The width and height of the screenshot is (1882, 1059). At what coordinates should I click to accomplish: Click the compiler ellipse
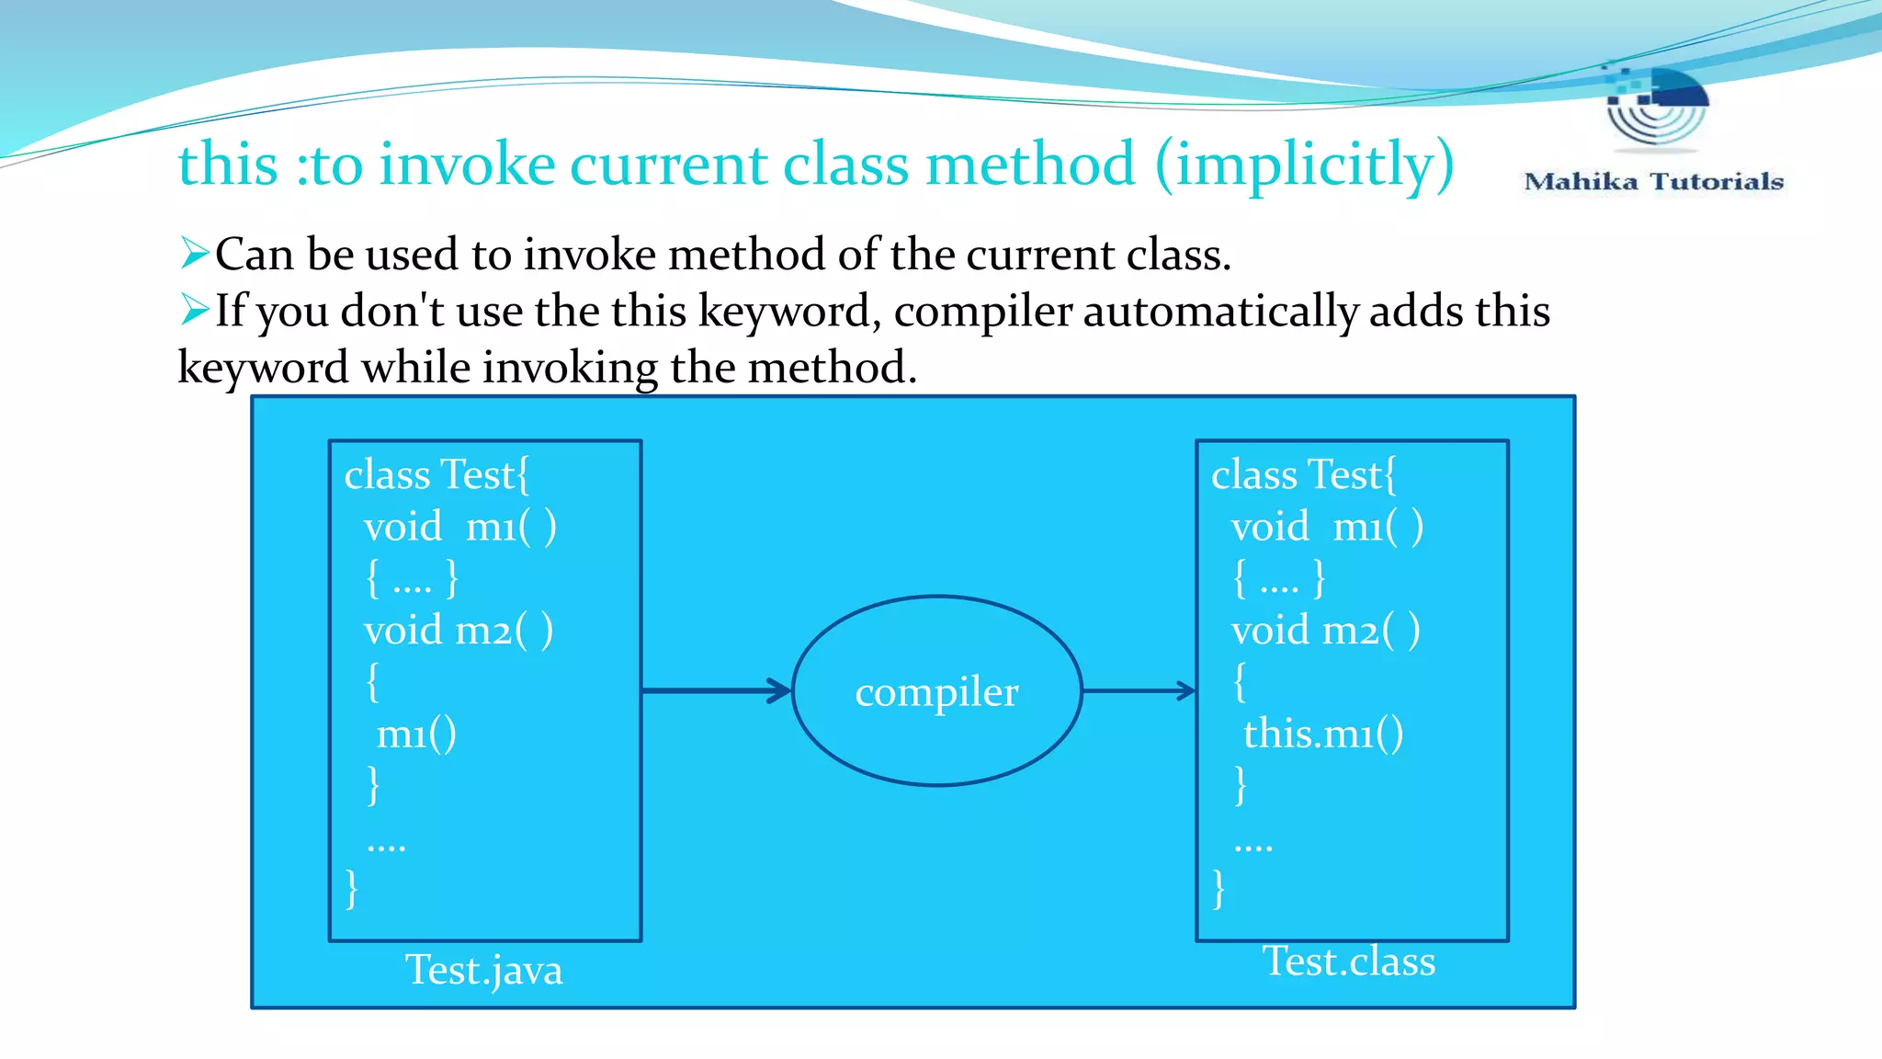[x=936, y=691]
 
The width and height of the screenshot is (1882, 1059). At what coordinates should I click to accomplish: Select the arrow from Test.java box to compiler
[x=716, y=690]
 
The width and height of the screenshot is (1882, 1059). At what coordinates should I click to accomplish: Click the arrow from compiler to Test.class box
[x=1138, y=690]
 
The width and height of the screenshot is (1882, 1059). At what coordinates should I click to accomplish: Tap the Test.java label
[x=483, y=971]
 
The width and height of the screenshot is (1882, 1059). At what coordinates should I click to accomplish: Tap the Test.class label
[x=1348, y=962]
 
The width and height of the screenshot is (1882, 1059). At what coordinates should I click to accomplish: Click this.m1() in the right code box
[x=1322, y=734]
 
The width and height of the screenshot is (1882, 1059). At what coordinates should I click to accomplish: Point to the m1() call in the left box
[x=416, y=734]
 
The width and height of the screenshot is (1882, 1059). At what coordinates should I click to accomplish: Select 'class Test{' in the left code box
[x=436, y=475]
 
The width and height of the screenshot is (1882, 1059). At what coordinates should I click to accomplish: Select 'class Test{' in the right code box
[x=1303, y=475]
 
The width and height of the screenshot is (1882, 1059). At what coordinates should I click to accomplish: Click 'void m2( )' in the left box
[x=459, y=632]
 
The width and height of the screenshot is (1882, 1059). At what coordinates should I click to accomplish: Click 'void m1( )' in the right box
[x=1327, y=528]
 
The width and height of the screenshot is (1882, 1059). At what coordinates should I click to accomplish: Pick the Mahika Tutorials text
[x=1653, y=182]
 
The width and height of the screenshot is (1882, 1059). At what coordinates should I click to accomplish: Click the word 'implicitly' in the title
[x=1304, y=165]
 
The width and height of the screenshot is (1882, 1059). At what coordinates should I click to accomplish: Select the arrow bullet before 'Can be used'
[x=194, y=253]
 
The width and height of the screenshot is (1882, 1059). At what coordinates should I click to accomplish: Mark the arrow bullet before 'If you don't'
[x=194, y=310]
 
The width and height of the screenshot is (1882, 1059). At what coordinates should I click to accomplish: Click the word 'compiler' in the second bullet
[x=982, y=312]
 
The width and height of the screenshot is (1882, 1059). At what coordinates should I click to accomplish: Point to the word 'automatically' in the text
[x=1220, y=312]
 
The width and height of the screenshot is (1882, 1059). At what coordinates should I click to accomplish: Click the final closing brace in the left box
[x=352, y=889]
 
